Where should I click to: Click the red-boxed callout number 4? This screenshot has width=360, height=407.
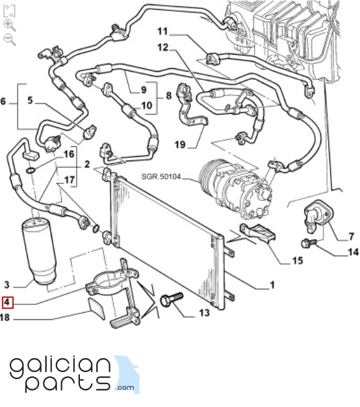pos(7,302)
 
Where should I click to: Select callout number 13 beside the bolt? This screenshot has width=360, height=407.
pos(204,313)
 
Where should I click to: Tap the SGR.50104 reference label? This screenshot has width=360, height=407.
pos(161,176)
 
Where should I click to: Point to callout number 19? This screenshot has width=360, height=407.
pos(180,144)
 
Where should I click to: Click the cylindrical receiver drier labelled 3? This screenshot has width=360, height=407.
pos(39,251)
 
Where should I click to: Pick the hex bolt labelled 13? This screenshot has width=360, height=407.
pos(172,299)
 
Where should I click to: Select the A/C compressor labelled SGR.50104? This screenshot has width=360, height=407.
pos(235,188)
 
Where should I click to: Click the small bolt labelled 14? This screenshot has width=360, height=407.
pos(309,243)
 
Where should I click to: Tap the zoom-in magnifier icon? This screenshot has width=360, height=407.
pos(10,25)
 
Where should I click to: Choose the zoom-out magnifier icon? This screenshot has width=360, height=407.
pos(10,40)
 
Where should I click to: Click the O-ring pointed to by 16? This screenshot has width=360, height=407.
pos(31,170)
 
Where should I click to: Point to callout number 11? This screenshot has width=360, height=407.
pos(162,31)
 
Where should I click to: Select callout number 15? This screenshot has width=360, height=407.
pos(298,261)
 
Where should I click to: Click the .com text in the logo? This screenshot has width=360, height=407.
pos(125,387)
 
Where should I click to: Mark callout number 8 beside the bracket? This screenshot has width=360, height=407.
pos(168,96)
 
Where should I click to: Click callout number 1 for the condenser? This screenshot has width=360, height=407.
pos(272,285)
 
